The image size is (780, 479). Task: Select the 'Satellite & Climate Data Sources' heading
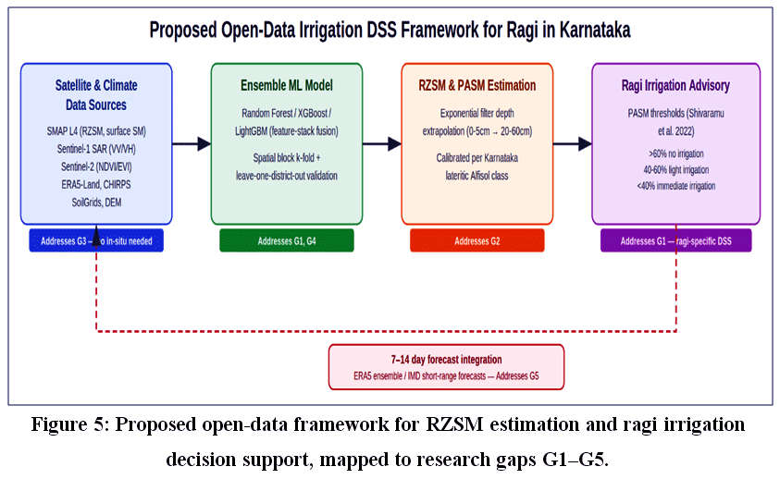[96, 95]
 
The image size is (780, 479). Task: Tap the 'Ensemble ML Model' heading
[287, 86]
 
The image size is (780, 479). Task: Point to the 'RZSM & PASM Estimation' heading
[477, 86]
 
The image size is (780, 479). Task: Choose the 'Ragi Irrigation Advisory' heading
[675, 86]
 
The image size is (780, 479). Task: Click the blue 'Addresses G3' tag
[96, 240]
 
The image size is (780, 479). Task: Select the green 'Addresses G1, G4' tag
[287, 240]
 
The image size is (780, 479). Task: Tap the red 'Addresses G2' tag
[477, 240]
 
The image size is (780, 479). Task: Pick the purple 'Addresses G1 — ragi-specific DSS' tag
[676, 240]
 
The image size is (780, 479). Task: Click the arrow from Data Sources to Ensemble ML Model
[192, 143]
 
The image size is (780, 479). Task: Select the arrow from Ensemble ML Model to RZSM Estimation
[382, 143]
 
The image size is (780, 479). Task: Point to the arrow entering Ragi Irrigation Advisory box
[573, 143]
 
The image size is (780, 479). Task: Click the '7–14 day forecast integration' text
[446, 359]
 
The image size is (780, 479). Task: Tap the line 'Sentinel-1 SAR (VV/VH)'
[96, 149]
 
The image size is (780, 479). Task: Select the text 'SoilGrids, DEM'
[96, 203]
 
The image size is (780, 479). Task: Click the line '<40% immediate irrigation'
[676, 186]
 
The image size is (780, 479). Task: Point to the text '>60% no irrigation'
[676, 154]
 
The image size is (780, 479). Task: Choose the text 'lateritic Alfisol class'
[477, 176]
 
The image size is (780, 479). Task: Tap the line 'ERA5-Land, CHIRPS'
[96, 185]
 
